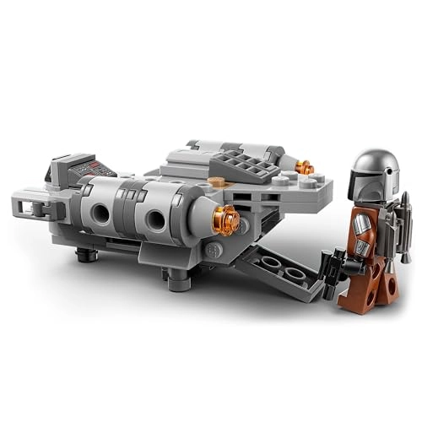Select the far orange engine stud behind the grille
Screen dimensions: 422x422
(x=306, y=168)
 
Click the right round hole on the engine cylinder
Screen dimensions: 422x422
(x=157, y=222)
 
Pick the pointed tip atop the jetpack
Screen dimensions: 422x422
(x=403, y=198)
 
